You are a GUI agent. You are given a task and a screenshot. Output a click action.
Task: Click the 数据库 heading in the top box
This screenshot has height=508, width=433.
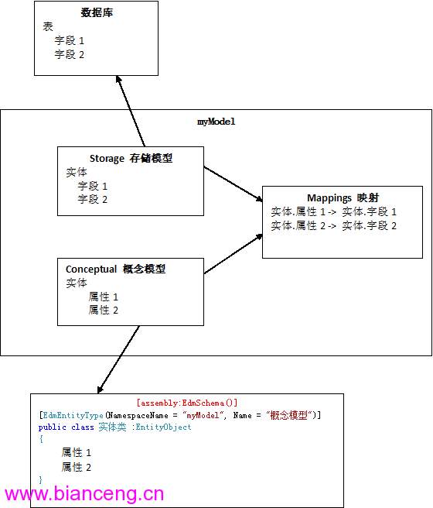tap(97, 12)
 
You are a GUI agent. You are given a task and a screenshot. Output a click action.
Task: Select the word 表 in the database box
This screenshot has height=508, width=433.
tap(47, 26)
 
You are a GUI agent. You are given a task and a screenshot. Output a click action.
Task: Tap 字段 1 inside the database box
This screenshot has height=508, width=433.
tap(69, 40)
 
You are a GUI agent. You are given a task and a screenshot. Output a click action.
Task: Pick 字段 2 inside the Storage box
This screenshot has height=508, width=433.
tap(93, 199)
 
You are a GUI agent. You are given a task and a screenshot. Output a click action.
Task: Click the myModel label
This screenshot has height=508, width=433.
tap(216, 122)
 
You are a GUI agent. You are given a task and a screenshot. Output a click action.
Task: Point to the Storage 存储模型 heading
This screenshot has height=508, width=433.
tap(131, 158)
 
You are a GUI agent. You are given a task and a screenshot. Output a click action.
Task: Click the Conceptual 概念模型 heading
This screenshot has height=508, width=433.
tap(115, 269)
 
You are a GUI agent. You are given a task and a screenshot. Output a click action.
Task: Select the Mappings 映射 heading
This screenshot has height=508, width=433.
tap(343, 197)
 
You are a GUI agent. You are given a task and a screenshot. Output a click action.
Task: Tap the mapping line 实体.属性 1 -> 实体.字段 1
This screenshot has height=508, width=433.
tap(334, 211)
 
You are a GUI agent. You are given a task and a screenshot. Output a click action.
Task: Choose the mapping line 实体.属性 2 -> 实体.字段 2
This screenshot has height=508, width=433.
tap(334, 225)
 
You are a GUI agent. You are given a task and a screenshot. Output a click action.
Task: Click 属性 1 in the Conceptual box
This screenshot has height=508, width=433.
tap(104, 297)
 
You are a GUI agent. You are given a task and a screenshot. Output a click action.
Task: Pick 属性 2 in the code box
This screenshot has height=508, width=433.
tap(77, 467)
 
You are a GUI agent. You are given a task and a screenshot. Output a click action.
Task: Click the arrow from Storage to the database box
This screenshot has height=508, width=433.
tap(131, 112)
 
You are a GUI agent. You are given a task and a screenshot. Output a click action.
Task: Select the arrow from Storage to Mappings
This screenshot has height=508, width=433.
tap(234, 184)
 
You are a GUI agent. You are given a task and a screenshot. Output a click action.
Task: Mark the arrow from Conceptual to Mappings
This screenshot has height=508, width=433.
tap(234, 254)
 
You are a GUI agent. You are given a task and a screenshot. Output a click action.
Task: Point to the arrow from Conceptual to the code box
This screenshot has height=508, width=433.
tap(118, 359)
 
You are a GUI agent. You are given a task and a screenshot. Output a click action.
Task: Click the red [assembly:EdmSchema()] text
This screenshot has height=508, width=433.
tap(187, 403)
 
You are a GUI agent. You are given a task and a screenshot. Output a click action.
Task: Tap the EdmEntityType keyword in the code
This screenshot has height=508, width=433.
tap(73, 415)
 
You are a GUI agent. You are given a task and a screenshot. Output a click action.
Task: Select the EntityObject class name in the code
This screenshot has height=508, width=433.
tap(163, 427)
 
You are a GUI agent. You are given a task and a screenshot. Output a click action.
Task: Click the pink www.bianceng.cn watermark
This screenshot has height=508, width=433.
tap(84, 494)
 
